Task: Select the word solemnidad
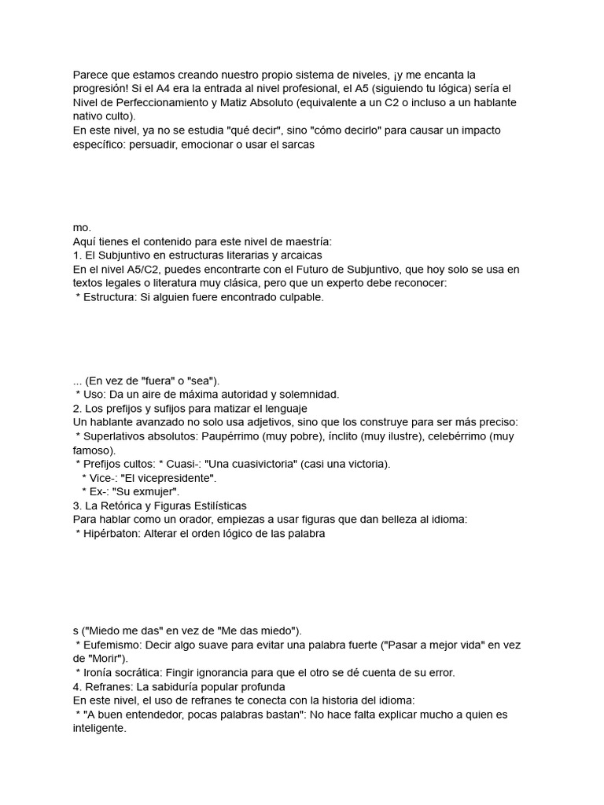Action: pyautogui.click(x=311, y=394)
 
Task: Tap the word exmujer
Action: pyautogui.click(x=156, y=492)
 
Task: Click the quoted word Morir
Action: pyautogui.click(x=109, y=659)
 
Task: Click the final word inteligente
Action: pyautogui.click(x=98, y=729)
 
